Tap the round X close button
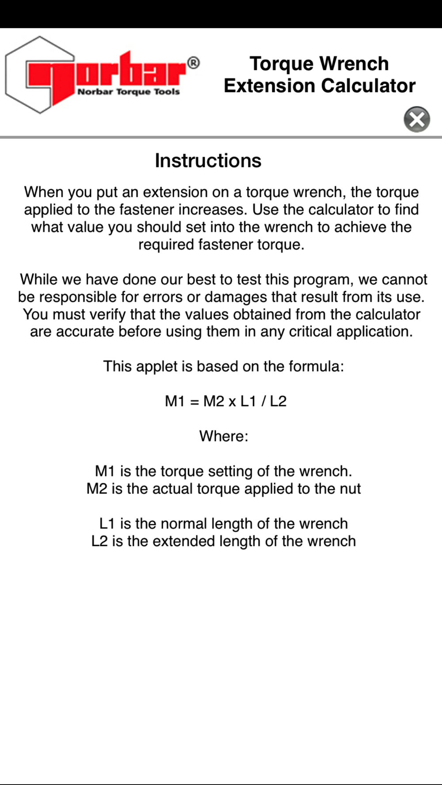coord(417,119)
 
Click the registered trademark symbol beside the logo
coord(194,63)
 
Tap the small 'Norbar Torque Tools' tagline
coord(129,92)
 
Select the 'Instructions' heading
coord(208,161)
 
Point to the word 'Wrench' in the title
coord(354,64)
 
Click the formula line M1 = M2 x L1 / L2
coord(225,401)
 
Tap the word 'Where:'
coord(224,436)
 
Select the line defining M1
coord(223,471)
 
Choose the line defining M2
coord(223,489)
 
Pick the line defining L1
coord(223,524)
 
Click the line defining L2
coord(223,541)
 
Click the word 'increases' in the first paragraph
coord(211,210)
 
